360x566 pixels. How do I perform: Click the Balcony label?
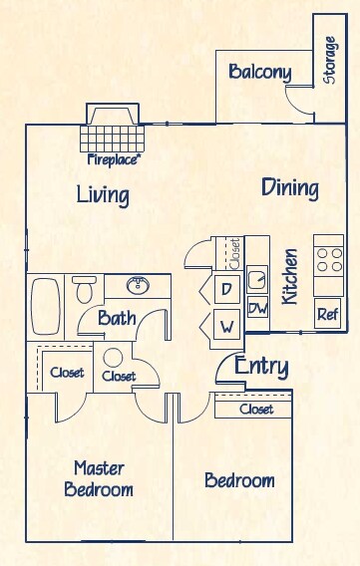(259, 72)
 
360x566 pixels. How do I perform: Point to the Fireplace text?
(114, 158)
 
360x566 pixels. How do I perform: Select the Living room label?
(103, 194)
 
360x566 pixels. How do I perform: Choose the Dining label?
(289, 187)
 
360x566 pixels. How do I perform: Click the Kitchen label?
(290, 275)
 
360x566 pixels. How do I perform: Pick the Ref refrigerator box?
(327, 313)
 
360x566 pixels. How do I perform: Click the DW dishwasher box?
(257, 309)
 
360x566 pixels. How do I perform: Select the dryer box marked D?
(226, 289)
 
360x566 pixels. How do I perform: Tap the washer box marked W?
(226, 324)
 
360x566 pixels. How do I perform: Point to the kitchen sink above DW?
(257, 280)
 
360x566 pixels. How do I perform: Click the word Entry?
(261, 367)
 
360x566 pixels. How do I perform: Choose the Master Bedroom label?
(99, 478)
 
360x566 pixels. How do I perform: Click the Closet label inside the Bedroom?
(256, 409)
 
